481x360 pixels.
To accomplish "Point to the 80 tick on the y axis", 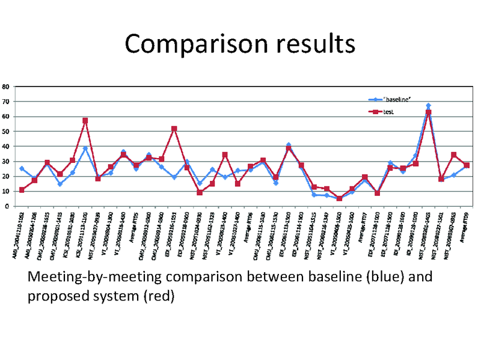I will tap(5, 87).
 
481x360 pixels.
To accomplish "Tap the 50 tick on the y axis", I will tap(5, 132).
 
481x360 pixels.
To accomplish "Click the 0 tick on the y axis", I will tap(6, 206).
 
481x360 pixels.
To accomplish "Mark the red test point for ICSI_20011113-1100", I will tap(85, 121).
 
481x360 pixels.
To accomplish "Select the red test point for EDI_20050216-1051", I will tap(174, 129).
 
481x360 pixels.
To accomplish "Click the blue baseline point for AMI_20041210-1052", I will tap(22, 168).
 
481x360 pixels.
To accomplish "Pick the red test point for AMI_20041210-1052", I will tap(22, 190).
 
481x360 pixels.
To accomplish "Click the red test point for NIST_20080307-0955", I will tap(454, 155).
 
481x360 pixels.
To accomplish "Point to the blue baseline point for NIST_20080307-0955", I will tap(454, 175).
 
